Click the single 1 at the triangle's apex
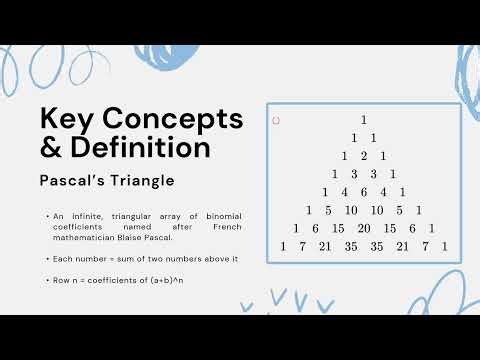point(363,120)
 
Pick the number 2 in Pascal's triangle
point(363,156)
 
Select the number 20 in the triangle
point(363,228)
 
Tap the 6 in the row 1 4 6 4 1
point(363,192)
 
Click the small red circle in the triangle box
point(276,121)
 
